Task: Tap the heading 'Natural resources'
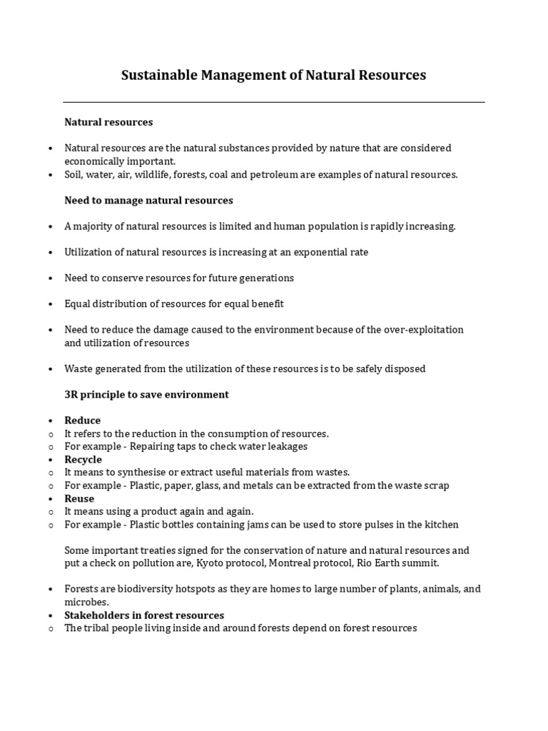coord(108,122)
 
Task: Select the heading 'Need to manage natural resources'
coord(148,200)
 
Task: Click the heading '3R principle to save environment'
coord(146,394)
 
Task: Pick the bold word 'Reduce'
coord(83,420)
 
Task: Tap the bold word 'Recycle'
coord(83,460)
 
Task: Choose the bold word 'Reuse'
coord(79,498)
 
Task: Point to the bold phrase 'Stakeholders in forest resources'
coord(144,615)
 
